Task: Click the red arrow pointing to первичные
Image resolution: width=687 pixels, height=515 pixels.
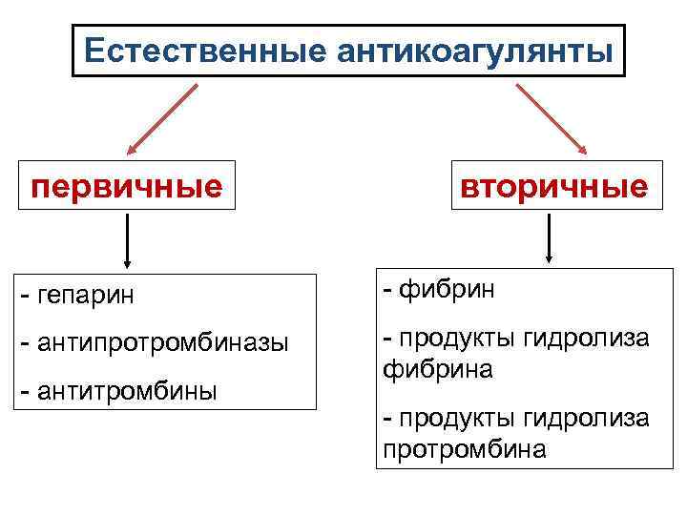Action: tap(162, 118)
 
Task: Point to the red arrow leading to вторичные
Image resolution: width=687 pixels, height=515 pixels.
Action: tap(552, 118)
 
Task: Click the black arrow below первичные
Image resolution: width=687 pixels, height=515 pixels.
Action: tap(127, 242)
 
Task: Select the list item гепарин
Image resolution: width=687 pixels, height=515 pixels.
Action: tap(87, 296)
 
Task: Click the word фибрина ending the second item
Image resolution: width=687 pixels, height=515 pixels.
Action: tap(438, 368)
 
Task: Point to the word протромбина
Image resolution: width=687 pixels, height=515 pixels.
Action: tap(465, 448)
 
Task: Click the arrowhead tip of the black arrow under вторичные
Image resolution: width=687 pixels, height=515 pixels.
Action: tap(550, 259)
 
